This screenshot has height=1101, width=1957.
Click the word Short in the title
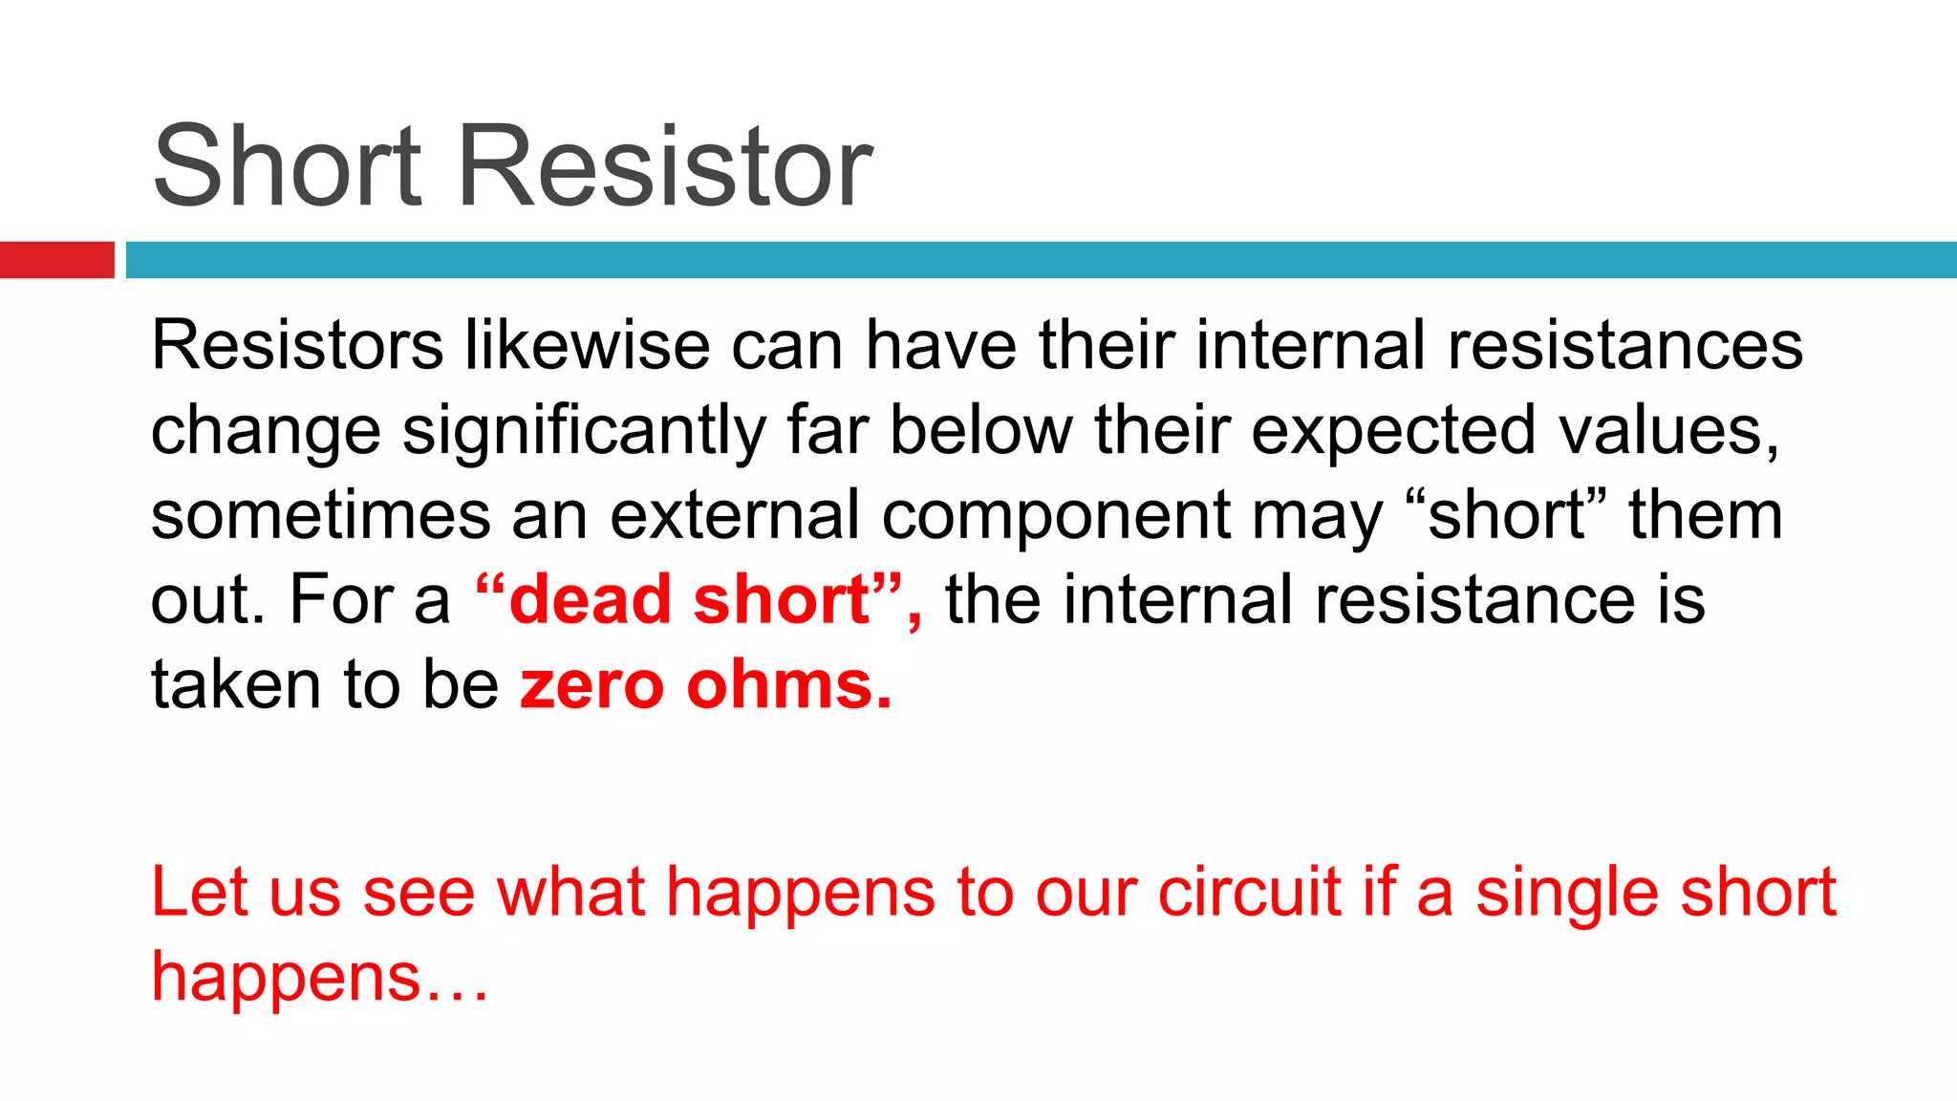[x=287, y=166]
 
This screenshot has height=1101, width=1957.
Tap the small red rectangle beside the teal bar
[x=56, y=260]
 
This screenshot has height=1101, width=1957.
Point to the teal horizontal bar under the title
[x=1041, y=260]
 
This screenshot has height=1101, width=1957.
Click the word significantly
[x=584, y=431]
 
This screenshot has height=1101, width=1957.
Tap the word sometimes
[x=321, y=516]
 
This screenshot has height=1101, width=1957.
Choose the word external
[x=735, y=516]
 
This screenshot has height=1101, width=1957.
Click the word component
[x=1056, y=516]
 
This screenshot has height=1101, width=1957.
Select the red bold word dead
[x=591, y=600]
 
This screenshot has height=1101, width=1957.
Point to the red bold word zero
[x=591, y=686]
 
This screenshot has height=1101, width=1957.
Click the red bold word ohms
[x=788, y=686]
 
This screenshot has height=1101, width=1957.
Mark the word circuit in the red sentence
[x=1249, y=893]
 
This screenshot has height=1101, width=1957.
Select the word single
[x=1567, y=893]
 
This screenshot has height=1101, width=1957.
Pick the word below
[x=981, y=431]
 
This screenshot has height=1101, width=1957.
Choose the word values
[x=1668, y=431]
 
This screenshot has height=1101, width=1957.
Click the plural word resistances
[x=1624, y=345]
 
